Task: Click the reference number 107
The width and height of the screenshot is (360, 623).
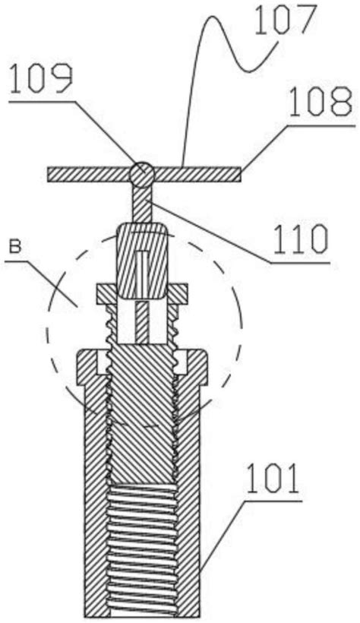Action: click(x=286, y=21)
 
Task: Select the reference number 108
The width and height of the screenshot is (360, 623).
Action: click(x=321, y=103)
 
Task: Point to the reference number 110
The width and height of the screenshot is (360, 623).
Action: click(x=300, y=239)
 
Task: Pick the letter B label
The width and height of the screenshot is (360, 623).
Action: click(x=15, y=248)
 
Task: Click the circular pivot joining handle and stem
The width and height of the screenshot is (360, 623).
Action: click(x=142, y=175)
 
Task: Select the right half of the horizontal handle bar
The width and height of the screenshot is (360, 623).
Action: click(x=197, y=175)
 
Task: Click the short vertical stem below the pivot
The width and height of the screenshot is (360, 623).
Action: click(x=142, y=204)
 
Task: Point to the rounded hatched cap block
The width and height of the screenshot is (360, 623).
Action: click(x=141, y=261)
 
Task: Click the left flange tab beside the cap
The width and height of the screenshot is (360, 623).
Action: click(x=106, y=295)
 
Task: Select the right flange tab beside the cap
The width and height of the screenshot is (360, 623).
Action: click(x=177, y=295)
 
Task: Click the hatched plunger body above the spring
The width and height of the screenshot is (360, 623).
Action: click(x=142, y=413)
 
